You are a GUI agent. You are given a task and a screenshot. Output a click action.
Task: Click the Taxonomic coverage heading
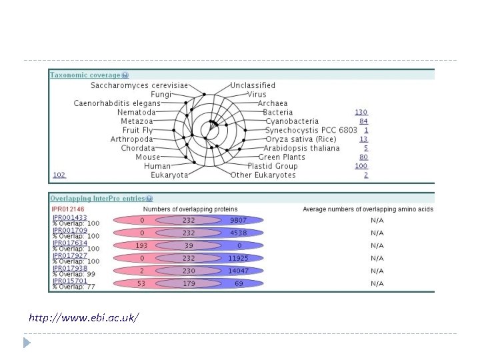pyautogui.click(x=85, y=75)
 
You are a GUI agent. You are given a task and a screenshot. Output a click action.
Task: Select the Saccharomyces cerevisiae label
pyautogui.click(x=139, y=85)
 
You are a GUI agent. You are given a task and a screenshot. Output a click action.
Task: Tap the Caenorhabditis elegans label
pyautogui.click(x=117, y=103)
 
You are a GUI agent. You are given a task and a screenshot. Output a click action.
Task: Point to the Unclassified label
pyautogui.click(x=253, y=85)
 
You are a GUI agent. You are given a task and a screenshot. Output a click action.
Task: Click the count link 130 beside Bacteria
pyautogui.click(x=361, y=113)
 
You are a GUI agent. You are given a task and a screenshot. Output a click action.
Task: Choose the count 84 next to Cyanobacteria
pyautogui.click(x=363, y=121)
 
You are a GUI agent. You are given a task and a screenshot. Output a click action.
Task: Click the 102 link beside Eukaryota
pyautogui.click(x=59, y=175)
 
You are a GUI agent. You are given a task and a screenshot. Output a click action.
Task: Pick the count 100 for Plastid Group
pyautogui.click(x=361, y=166)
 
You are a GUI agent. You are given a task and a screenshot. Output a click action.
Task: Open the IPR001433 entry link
pyautogui.click(x=69, y=217)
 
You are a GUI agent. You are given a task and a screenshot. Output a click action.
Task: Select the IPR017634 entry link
pyautogui.click(x=69, y=242)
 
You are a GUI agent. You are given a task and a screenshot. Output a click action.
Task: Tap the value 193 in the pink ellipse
pyautogui.click(x=141, y=245)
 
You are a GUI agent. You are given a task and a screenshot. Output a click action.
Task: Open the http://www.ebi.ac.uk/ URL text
pyautogui.click(x=84, y=318)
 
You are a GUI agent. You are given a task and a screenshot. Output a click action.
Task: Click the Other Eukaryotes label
pyautogui.click(x=263, y=175)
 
